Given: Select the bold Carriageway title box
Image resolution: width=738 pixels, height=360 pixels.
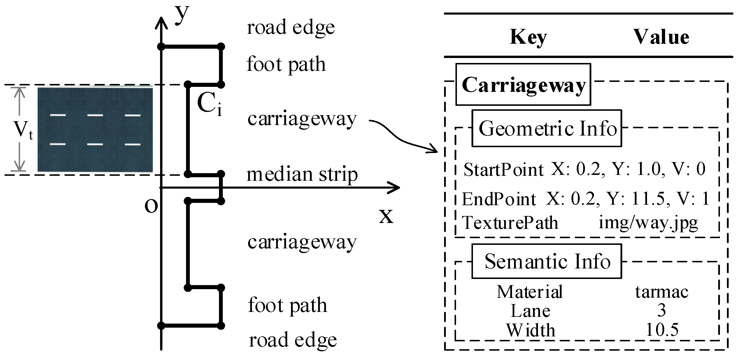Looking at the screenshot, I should [523, 85].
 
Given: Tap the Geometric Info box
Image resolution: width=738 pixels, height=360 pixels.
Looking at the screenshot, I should [547, 128].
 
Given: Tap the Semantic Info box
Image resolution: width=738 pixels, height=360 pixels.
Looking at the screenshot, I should [547, 261].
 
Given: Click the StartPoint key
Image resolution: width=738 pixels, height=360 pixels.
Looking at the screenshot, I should [504, 170].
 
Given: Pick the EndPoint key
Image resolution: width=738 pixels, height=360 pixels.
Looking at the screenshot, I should [499, 199].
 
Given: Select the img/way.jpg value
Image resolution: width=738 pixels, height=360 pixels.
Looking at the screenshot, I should [648, 223].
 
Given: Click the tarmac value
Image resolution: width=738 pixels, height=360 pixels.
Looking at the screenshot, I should [662, 292].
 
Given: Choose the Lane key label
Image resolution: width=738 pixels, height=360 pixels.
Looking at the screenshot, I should [530, 311].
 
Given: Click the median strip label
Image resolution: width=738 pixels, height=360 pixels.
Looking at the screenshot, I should [302, 174].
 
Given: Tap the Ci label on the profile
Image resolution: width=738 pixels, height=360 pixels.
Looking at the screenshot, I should [209, 105].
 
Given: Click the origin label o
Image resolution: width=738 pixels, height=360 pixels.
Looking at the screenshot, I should [151, 206].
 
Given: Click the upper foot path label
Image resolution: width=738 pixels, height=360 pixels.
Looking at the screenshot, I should [286, 64].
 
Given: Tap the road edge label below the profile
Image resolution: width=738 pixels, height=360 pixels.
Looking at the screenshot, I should [293, 340].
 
